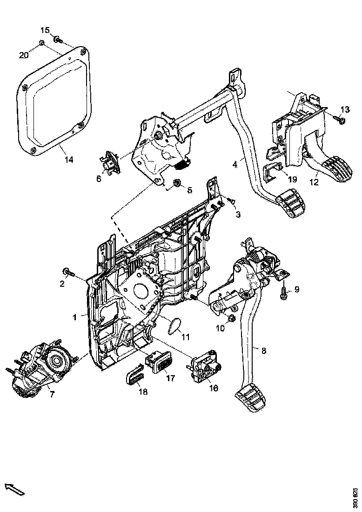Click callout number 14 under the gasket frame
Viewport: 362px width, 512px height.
68,160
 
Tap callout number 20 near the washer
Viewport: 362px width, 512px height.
23,55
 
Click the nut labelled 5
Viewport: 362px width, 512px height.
177,183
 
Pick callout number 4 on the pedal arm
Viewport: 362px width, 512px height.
235,164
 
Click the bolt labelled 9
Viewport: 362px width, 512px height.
284,294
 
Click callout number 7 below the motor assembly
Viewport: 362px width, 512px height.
52,394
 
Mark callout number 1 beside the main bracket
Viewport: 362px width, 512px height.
74,317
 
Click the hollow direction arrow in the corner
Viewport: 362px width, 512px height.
14,489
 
